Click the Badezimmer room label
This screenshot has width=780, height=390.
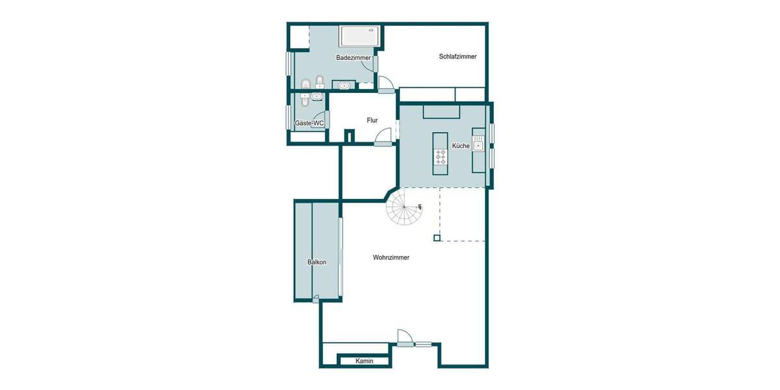pos(353,58)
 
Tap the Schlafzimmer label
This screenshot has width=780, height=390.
pos(458,57)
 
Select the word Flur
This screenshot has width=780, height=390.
pos(372,120)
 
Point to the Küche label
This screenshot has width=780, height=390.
pos(461,146)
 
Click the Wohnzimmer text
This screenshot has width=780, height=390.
pos(391,257)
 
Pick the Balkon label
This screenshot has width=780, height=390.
pos(317,262)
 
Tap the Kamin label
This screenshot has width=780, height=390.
pos(365,361)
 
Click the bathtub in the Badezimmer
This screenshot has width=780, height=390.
pos(359,36)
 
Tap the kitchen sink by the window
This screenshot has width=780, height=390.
pos(478,146)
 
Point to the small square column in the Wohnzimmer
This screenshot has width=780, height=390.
pos(437,238)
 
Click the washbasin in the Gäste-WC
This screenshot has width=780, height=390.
pos(317,97)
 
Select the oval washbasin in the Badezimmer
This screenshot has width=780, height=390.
pos(344,85)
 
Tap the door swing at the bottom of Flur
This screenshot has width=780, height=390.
pos(384,136)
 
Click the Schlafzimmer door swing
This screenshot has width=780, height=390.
pos(385,83)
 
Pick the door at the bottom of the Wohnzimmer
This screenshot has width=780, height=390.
pos(405,337)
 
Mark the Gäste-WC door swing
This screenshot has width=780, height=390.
pos(318,123)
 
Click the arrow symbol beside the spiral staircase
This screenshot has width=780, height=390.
pos(420,207)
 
